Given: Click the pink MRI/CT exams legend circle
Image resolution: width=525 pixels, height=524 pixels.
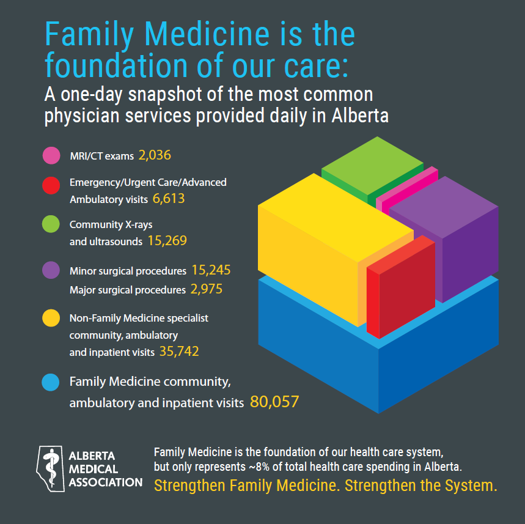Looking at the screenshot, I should coord(51,155).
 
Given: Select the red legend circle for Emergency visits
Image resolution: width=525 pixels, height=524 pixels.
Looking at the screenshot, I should coord(51,183).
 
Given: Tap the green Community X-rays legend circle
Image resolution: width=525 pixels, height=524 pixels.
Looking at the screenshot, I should coord(51,224).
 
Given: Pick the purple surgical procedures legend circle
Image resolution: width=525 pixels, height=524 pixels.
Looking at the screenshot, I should coord(51,270).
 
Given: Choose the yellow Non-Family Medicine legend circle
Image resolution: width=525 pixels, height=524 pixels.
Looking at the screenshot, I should coord(51,318).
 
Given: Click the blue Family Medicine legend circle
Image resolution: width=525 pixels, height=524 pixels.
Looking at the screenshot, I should coord(51,382).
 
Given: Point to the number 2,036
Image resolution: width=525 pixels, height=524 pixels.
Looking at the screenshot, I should coord(155,155).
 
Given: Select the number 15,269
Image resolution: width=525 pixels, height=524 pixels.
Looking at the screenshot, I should coord(167,241).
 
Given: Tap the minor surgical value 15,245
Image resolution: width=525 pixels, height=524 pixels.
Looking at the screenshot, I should coord(211,270).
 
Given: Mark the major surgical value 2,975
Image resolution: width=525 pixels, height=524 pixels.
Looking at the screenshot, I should coord(206,289).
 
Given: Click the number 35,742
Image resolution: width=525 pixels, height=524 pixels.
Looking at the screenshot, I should coord(178,352).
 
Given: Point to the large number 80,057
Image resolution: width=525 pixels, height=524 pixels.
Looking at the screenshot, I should coord(274,402).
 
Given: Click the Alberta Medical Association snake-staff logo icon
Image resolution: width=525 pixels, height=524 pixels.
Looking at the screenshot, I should coord(52,468).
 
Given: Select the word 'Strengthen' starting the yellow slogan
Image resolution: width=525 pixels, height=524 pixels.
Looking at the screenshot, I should coord(190,485).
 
